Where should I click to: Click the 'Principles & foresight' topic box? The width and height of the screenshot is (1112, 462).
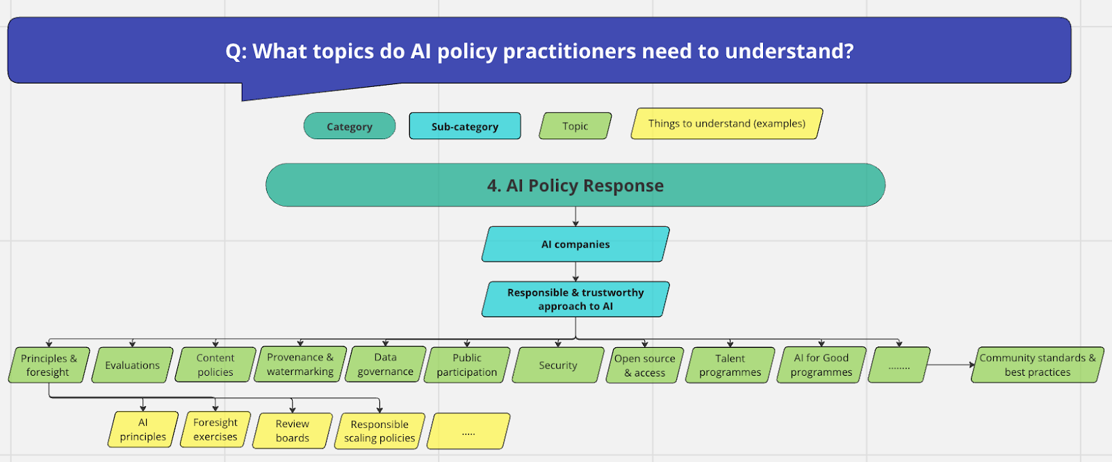coord(49,365)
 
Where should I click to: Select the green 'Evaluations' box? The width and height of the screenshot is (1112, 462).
coord(132,365)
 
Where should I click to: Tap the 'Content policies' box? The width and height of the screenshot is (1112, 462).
coord(215,365)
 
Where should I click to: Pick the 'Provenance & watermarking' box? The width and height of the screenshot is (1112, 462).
coord(300,365)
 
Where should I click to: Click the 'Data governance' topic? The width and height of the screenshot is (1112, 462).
coord(386,365)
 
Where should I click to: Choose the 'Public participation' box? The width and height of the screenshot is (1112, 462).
coord(467,365)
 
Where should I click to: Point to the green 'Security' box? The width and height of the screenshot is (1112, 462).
coord(558,365)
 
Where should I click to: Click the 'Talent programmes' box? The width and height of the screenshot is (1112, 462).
coord(730,365)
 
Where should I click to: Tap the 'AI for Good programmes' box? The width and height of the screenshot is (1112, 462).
coord(821,365)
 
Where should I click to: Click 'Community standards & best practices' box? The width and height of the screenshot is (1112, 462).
coord(1037,365)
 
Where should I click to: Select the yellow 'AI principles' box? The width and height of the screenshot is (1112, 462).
coord(143,429)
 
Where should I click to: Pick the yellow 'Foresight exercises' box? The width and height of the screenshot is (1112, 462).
coord(215,429)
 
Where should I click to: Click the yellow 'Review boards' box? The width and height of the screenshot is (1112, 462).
coord(293,431)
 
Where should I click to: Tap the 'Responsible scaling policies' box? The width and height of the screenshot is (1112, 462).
coord(379,431)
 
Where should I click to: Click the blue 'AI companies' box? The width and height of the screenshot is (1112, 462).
coord(575,244)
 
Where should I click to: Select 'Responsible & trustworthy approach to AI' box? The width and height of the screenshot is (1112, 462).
coord(575,299)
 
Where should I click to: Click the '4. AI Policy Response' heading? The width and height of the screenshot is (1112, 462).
coord(575,186)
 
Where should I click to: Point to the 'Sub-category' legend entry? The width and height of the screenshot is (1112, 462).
coord(465,127)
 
